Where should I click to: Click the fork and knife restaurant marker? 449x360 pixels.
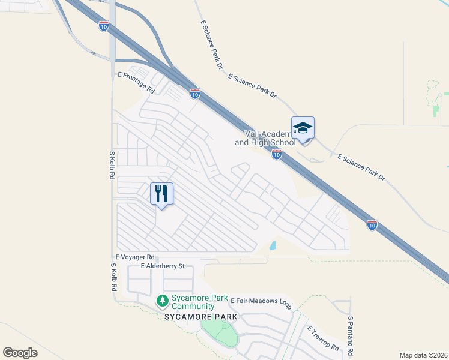click(161, 193)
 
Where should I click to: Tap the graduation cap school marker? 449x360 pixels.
click(303, 128)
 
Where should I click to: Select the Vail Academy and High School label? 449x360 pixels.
click(265, 138)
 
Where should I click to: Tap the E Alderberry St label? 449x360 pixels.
click(163, 265)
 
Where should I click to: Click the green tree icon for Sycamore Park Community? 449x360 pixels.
click(161, 299)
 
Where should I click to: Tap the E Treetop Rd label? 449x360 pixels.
click(323, 339)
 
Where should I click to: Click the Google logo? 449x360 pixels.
click(20, 353)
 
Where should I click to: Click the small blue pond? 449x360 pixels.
click(273, 245)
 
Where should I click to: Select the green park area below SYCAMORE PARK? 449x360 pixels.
click(220, 332)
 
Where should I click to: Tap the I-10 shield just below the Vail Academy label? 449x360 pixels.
click(276, 155)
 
